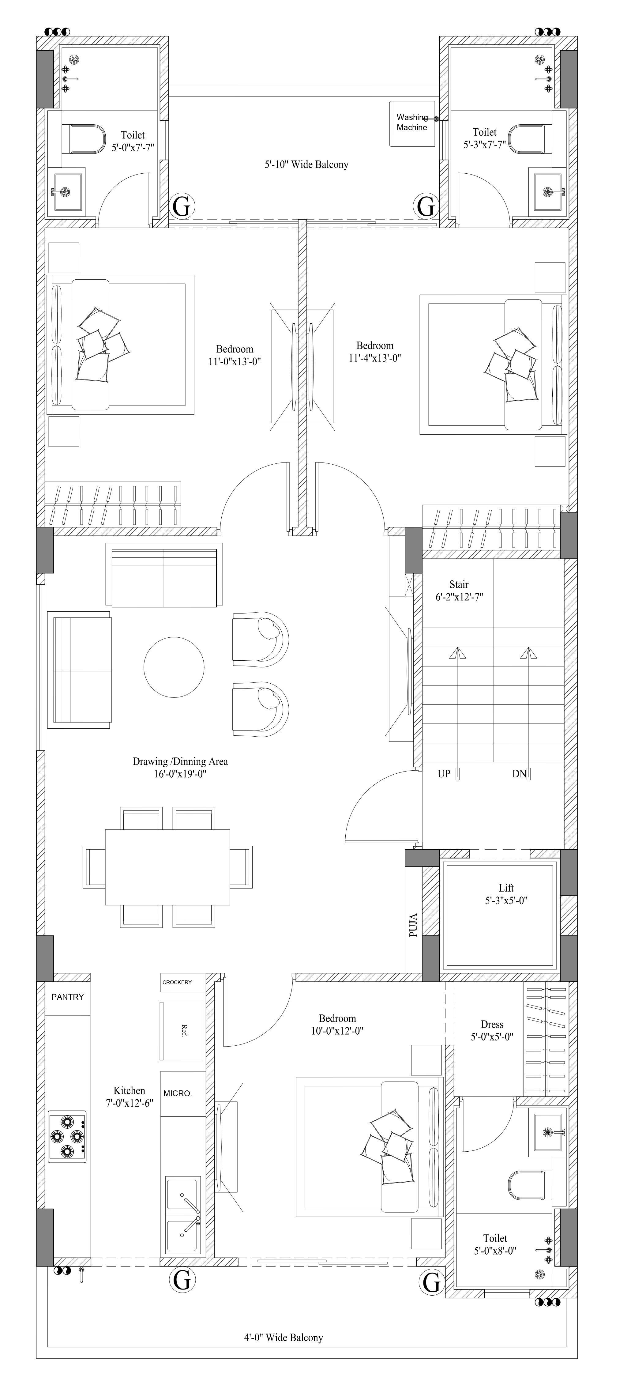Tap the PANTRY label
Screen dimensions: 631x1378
click(67, 997)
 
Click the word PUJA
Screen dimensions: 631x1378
click(413, 924)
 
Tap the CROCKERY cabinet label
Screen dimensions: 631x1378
click(177, 982)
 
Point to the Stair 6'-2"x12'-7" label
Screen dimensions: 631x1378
click(459, 591)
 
